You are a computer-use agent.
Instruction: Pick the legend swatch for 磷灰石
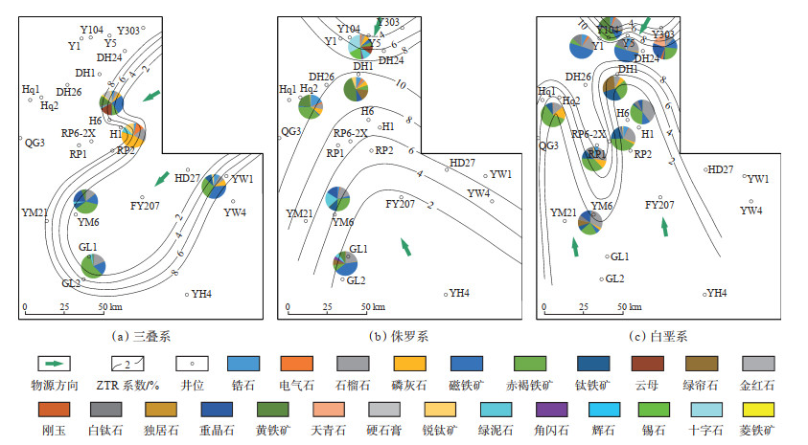tap(410, 365)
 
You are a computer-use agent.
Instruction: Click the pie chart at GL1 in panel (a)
tap(93, 263)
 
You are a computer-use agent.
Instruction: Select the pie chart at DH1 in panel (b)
tap(358, 88)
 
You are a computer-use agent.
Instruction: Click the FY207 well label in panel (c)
tap(660, 205)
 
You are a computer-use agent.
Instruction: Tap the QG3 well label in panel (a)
tap(35, 143)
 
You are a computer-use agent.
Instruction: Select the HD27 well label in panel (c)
tap(720, 169)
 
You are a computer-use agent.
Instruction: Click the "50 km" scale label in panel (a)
tap(107, 307)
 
